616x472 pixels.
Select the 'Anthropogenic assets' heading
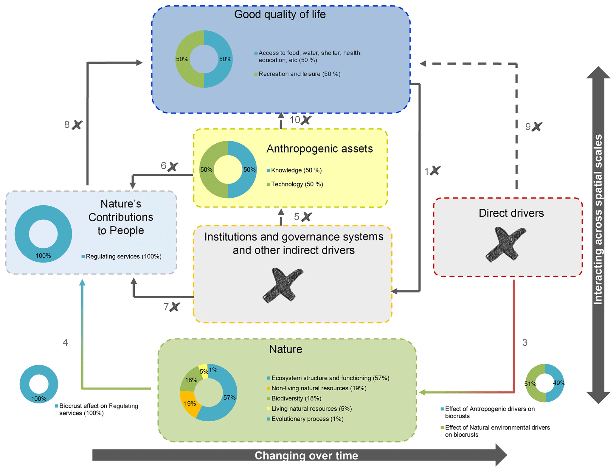pyautogui.click(x=319, y=149)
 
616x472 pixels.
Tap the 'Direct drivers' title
pyautogui.click(x=511, y=213)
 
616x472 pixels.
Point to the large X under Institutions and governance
pyautogui.click(x=283, y=285)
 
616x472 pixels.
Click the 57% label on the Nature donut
pyautogui.click(x=229, y=398)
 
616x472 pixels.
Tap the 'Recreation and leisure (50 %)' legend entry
pyautogui.click(x=299, y=74)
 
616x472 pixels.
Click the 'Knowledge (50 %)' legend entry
pyautogui.click(x=296, y=170)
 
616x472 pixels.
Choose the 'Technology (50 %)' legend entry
pyautogui.click(x=297, y=184)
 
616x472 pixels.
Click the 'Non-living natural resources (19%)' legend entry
pyautogui.click(x=319, y=388)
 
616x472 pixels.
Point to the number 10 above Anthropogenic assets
pyautogui.click(x=295, y=120)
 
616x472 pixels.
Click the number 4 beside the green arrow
pyautogui.click(x=65, y=343)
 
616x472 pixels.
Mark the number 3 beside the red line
pyautogui.click(x=525, y=343)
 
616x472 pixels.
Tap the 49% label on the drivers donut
pyautogui.click(x=559, y=383)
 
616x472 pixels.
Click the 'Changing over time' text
pyautogui.click(x=306, y=456)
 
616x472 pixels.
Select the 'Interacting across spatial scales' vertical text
pyautogui.click(x=598, y=219)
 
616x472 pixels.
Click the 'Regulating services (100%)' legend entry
pyautogui.click(x=123, y=257)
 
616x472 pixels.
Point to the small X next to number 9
pyautogui.click(x=537, y=127)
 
